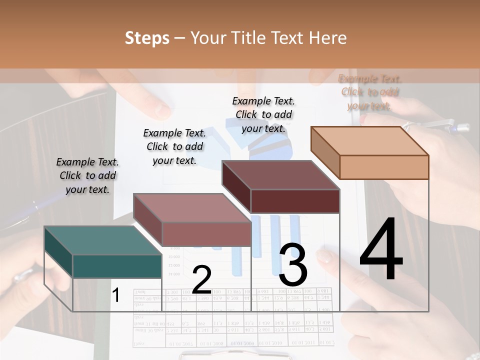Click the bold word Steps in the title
point(146,38)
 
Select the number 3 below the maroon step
point(293,264)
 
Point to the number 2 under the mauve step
point(201,280)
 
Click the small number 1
point(115,295)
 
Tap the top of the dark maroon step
point(280,175)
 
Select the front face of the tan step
point(384,167)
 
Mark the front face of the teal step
point(117,266)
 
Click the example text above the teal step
point(87,175)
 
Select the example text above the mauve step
point(174,146)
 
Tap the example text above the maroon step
point(263,114)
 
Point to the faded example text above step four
point(370,92)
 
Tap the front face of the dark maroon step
point(295,201)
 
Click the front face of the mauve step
point(206,233)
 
